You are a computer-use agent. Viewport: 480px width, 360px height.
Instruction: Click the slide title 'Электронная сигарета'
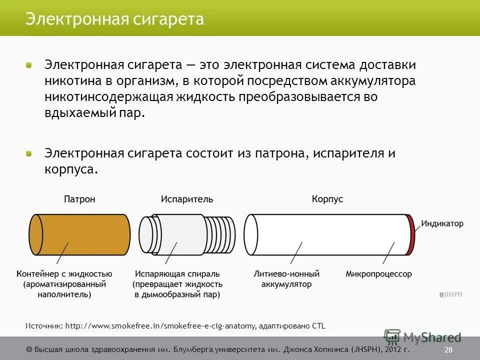(x=114, y=19)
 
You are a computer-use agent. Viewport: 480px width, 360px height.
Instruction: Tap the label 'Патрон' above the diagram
(x=79, y=199)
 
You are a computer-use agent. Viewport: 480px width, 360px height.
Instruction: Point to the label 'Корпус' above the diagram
(x=327, y=199)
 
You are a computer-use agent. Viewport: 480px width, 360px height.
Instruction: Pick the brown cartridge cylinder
(x=80, y=234)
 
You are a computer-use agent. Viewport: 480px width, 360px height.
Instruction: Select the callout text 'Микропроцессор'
(x=378, y=274)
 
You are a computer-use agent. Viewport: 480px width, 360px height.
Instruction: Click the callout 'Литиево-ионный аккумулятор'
(x=286, y=279)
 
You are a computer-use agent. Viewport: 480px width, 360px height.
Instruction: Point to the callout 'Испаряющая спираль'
(x=177, y=274)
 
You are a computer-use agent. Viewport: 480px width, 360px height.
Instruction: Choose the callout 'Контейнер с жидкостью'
(x=64, y=274)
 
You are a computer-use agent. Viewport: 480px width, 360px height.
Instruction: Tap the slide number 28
(x=448, y=349)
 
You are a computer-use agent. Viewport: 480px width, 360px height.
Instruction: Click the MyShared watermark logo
(x=423, y=337)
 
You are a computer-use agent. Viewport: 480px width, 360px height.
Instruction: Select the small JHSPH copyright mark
(x=450, y=295)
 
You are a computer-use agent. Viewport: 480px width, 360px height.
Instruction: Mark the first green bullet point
(x=29, y=65)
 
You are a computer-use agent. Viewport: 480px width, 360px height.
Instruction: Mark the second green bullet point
(x=29, y=153)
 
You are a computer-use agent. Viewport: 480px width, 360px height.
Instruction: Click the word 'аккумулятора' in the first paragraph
(x=372, y=81)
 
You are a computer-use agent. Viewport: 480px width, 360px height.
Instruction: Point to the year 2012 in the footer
(x=390, y=349)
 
